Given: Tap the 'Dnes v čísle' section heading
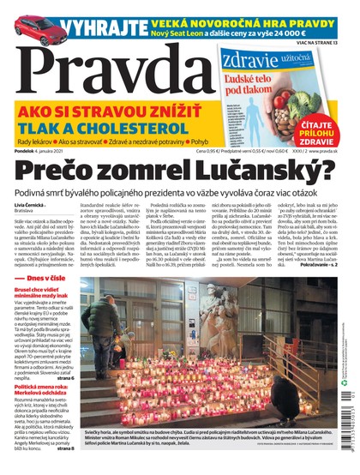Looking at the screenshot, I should [51, 303].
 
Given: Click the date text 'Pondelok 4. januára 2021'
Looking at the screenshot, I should [46, 151].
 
